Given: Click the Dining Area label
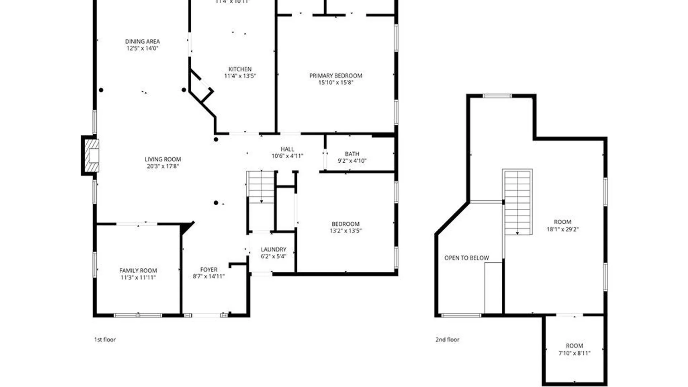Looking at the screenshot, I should pos(142,42).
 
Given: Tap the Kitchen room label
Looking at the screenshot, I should pos(240,69).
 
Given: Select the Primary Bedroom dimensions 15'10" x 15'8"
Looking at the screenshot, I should pos(336,82).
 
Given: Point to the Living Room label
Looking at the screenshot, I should pos(163,159).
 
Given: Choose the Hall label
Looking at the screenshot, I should pos(287,149).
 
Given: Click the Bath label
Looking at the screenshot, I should pos(352,154).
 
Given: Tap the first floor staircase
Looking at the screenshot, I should pos(261,187).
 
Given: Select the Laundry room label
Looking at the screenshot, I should pos(273,249).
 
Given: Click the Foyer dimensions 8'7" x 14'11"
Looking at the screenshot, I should pos(209,276).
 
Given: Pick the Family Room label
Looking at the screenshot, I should pos(138,271).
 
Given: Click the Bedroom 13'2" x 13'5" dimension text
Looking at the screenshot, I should pos(345,231).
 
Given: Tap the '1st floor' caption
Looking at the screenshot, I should pos(105,339).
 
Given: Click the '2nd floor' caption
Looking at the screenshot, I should pos(447,339).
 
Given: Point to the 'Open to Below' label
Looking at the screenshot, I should pos(467,258).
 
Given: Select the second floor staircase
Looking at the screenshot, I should pos(517,202).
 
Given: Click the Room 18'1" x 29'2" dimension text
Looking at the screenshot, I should pos(563,229).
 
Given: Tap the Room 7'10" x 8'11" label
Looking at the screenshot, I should pos(574,346).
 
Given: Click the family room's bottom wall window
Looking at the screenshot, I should pos(138,315).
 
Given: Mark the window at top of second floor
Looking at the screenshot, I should pos(497,96).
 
